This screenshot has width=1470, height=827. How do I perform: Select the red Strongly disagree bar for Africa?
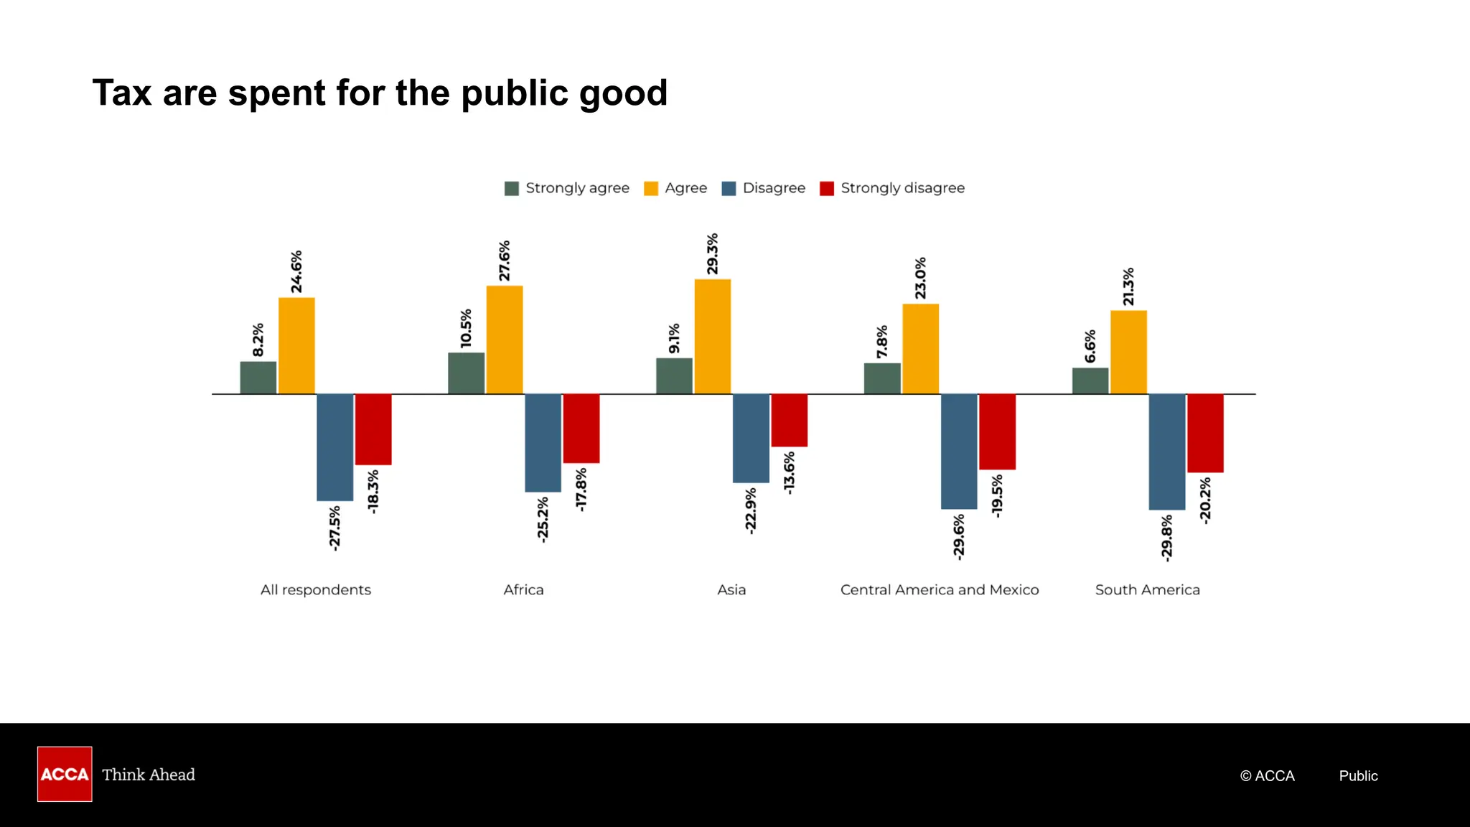pyautogui.click(x=581, y=428)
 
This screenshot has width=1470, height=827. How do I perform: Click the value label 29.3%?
pyautogui.click(x=712, y=253)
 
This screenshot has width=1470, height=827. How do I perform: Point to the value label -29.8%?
pyautogui.click(x=1166, y=537)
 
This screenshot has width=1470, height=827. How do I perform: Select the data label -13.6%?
pyautogui.click(x=789, y=472)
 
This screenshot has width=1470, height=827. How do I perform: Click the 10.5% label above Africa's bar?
pyautogui.click(x=466, y=328)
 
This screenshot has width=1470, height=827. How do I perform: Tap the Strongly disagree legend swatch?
pyautogui.click(x=827, y=188)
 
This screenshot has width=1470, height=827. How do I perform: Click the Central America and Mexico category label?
pyautogui.click(x=939, y=589)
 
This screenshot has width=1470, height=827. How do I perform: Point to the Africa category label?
pyautogui.click(x=523, y=589)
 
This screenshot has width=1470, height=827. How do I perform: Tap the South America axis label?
pyautogui.click(x=1147, y=589)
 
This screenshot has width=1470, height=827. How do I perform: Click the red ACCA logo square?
pyautogui.click(x=65, y=774)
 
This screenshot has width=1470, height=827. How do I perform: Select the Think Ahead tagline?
pyautogui.click(x=149, y=775)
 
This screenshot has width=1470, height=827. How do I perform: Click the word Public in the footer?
pyautogui.click(x=1358, y=775)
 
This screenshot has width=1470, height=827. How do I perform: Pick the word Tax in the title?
pyautogui.click(x=122, y=93)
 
